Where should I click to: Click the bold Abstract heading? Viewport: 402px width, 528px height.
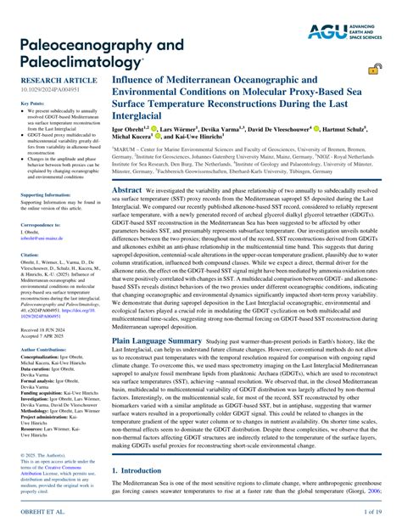(x=127, y=191)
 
